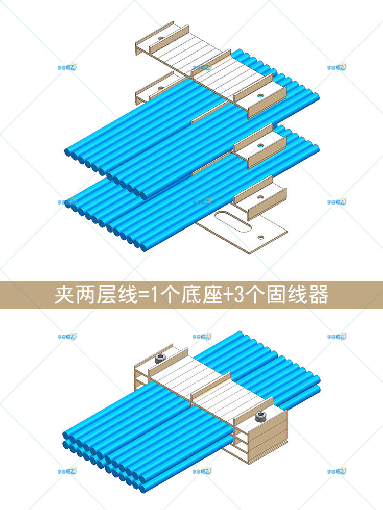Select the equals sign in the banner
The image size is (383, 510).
click(138, 295)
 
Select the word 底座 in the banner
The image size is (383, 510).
click(198, 295)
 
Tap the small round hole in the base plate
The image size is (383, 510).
click(261, 237)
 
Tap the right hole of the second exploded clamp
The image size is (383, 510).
click(261, 145)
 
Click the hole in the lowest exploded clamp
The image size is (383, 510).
click(260, 195)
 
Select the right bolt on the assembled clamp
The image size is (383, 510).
click(260, 417)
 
